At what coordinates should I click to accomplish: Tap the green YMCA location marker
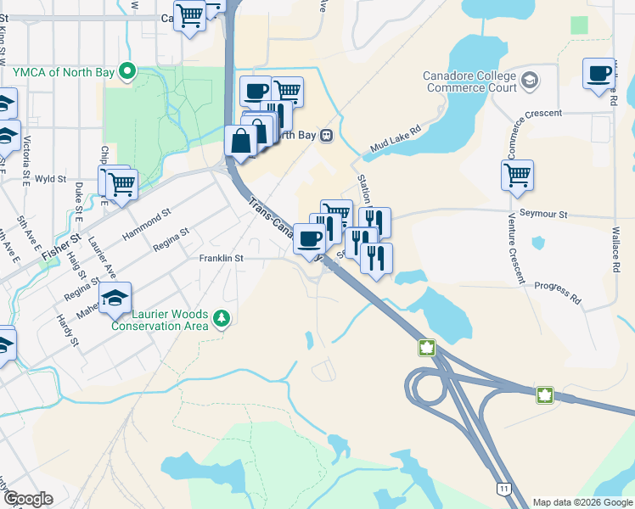(128, 70)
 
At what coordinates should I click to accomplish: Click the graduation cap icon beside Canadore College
(530, 81)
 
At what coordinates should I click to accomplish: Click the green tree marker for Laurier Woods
(222, 318)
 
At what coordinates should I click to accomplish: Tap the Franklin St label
(222, 258)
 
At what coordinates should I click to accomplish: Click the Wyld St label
(51, 179)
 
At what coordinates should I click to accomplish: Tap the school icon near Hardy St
(115, 297)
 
